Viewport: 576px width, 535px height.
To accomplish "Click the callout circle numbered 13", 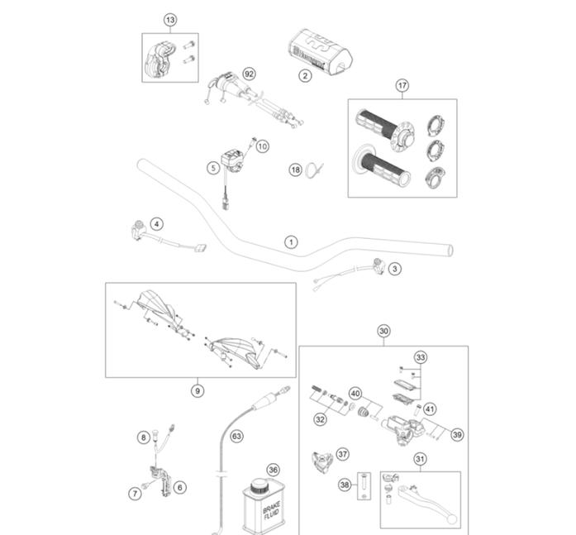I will (170, 19).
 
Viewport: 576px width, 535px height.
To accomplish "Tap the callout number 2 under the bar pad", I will (304, 76).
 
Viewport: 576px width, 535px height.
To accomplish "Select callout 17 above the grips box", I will (402, 85).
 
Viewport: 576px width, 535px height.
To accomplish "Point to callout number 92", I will (249, 74).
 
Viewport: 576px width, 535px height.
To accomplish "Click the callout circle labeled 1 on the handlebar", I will (290, 242).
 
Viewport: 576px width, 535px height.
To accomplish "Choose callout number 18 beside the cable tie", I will (295, 170).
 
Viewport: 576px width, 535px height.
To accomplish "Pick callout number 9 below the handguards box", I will (197, 390).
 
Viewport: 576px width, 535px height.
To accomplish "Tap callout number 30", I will (383, 331).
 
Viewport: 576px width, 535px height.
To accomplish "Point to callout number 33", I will (421, 358).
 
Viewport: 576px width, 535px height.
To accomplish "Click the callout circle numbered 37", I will (342, 454).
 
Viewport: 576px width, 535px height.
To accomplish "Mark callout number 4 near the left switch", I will (157, 222).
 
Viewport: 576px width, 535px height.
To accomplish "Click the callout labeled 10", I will (263, 146).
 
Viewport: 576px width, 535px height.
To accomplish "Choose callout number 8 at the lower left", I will (143, 437).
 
